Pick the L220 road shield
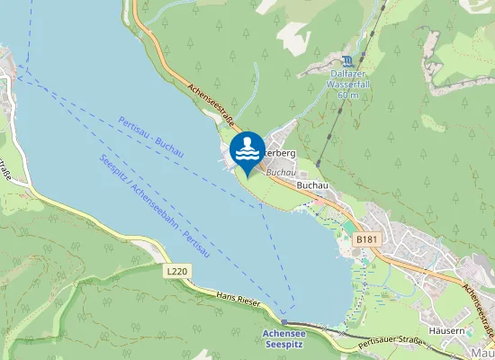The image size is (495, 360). (177, 270)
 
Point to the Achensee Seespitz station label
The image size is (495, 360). (283, 338)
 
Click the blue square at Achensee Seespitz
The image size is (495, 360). (283, 321)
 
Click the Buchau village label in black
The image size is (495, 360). (311, 184)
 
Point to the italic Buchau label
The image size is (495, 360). (281, 171)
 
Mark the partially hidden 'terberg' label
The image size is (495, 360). (279, 154)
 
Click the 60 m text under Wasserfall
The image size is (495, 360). (347, 94)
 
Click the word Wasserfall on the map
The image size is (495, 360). (347, 85)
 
